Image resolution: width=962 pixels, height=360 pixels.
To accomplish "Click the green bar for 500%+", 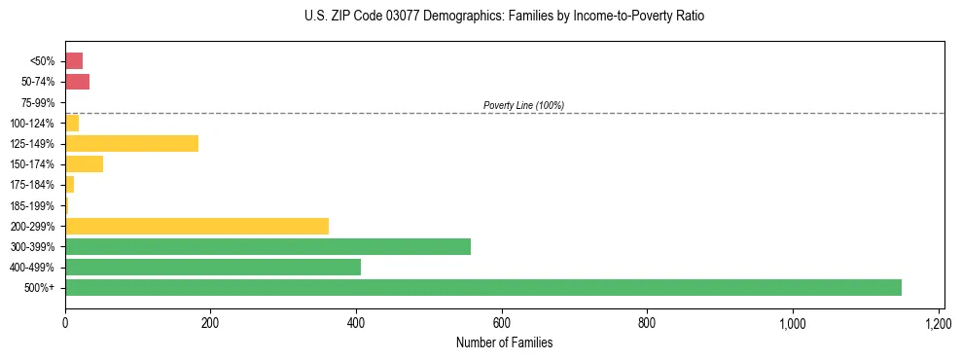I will tap(483, 288).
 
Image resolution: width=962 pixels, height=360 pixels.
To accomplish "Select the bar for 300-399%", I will tap(267, 247).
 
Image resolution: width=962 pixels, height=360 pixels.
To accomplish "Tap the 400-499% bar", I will tap(213, 268).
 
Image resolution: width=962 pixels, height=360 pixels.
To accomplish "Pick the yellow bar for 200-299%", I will tap(196, 227).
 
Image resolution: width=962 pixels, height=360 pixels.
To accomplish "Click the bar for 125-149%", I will tap(131, 144).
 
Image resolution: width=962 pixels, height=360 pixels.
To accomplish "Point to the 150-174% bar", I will tap(84, 164).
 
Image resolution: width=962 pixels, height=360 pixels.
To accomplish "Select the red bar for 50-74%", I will tap(77, 82).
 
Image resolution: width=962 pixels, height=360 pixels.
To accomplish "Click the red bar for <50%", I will tap(74, 61).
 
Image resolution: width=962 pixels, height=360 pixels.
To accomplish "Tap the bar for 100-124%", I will tap(72, 124).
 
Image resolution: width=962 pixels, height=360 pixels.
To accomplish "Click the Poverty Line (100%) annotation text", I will tap(523, 105).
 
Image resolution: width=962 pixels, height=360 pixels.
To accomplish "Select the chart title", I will tap(504, 17).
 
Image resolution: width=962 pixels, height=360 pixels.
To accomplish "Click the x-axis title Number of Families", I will tap(504, 342).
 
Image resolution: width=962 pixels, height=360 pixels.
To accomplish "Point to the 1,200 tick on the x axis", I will tap(939, 323).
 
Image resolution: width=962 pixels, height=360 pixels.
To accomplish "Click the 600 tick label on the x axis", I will tap(502, 323).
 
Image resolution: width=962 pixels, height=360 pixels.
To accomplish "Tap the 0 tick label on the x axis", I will tap(65, 323).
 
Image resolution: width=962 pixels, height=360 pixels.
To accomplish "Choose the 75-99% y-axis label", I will tap(40, 103).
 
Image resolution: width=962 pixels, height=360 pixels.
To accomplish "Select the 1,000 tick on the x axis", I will tap(793, 323).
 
